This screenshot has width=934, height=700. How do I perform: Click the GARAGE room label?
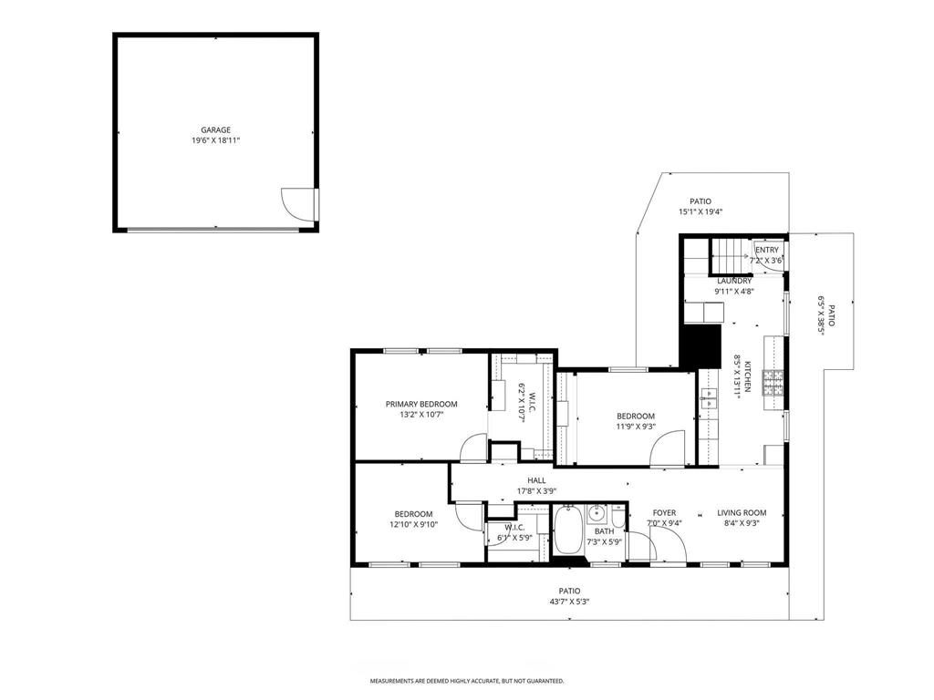[215, 129]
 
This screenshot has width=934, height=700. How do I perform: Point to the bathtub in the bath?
[568, 531]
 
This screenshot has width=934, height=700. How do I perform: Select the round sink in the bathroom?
[597, 514]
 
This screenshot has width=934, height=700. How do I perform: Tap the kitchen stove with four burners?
[773, 383]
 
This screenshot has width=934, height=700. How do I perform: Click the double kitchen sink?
[709, 396]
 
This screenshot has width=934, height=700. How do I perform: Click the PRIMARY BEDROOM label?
[420, 404]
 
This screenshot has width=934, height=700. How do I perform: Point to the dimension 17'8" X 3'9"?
[536, 491]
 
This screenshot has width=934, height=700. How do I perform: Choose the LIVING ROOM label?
[741, 512]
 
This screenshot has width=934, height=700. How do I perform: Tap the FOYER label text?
[664, 512]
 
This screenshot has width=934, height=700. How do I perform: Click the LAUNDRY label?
[733, 281]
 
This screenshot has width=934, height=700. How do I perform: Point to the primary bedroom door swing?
[475, 449]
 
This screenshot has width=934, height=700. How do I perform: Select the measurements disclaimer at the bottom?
[466, 681]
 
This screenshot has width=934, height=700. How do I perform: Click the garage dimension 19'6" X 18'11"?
[215, 141]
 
